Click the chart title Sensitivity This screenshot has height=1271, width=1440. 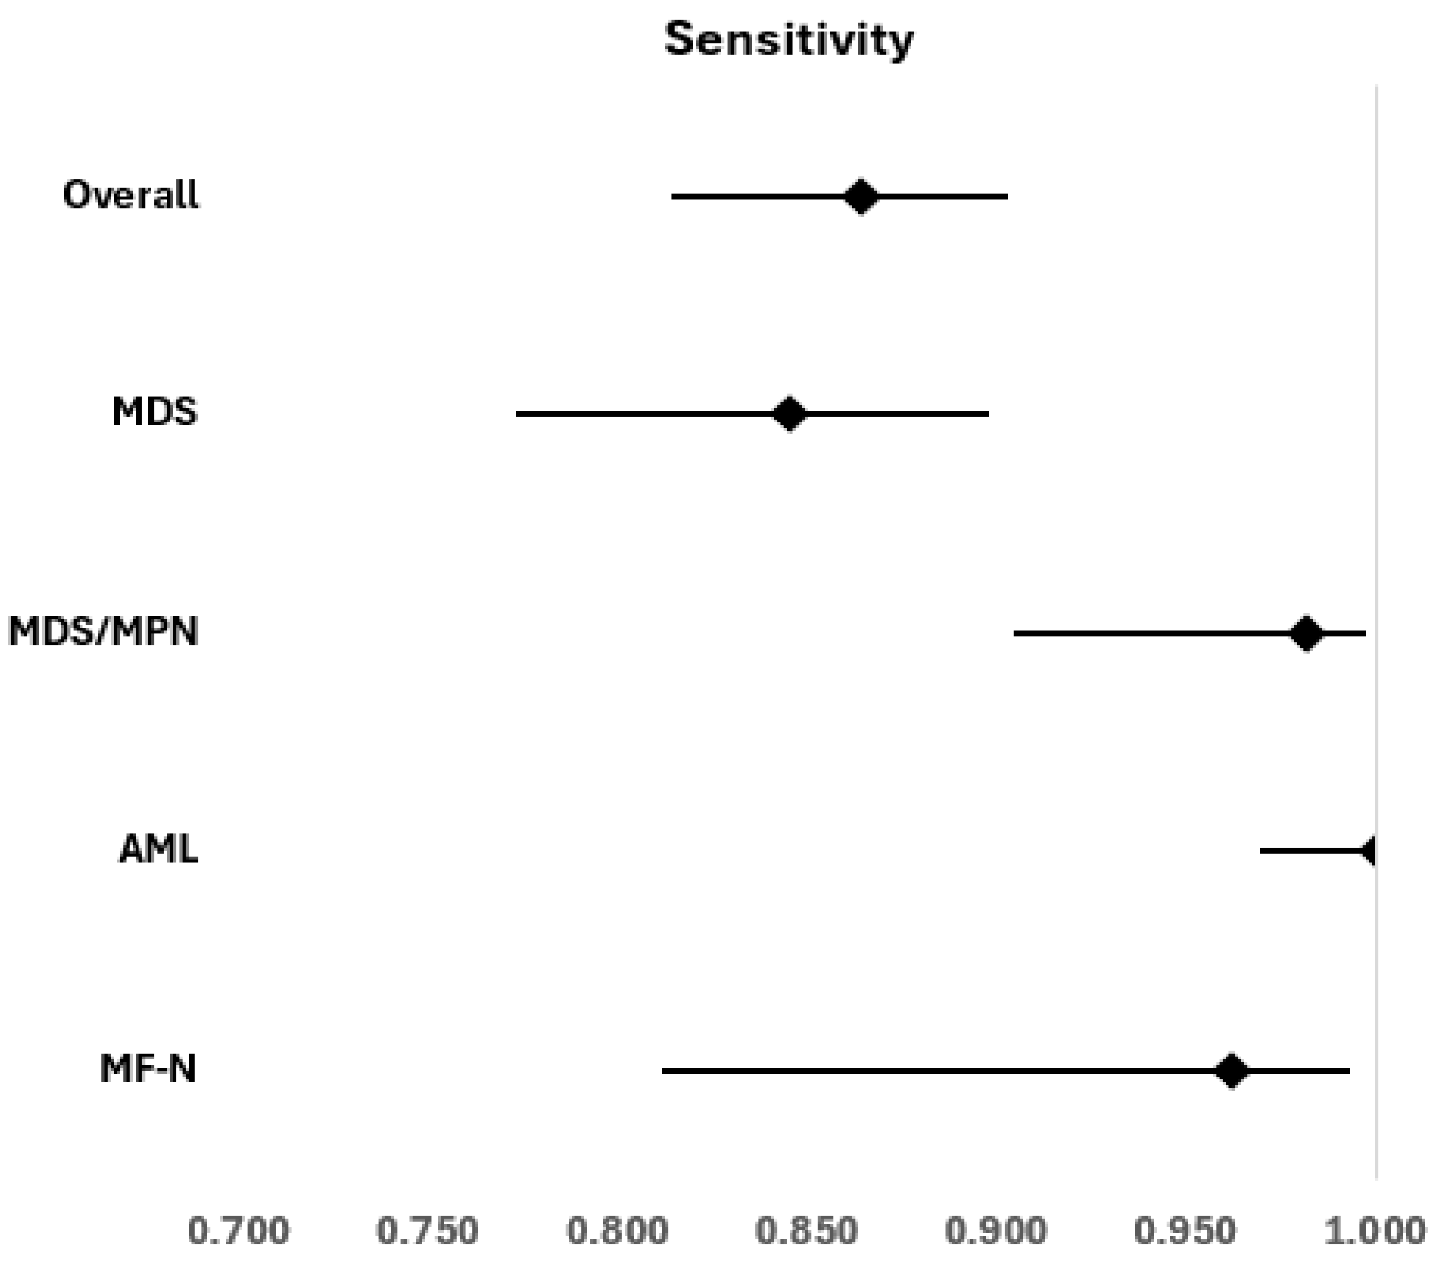789,40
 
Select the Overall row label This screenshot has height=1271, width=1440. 131,194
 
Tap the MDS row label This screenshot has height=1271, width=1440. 155,411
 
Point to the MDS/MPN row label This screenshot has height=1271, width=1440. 104,631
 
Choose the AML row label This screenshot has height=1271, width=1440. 158,849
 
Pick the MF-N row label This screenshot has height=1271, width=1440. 148,1069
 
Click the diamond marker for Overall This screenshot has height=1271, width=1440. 861,196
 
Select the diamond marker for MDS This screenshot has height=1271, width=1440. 789,413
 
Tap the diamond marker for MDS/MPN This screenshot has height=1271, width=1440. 1306,633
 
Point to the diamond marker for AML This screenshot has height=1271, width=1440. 1368,851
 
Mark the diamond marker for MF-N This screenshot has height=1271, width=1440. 1231,1071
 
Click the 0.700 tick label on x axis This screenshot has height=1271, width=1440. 239,1232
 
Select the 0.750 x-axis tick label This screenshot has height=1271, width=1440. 428,1232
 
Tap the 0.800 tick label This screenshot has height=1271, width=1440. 617,1232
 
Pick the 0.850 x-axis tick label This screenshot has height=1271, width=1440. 807,1232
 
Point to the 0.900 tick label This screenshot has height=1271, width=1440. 996,1232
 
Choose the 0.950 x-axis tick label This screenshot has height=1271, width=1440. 1185,1232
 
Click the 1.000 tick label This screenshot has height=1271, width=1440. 1375,1232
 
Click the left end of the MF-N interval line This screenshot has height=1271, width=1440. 662,1071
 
